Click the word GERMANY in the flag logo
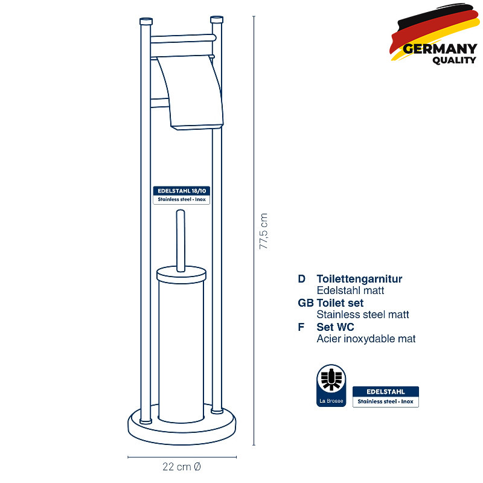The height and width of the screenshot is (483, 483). [440, 49]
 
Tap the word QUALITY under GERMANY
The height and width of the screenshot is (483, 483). [454, 60]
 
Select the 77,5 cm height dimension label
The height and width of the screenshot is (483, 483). [263, 231]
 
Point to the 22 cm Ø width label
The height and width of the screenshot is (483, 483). [182, 466]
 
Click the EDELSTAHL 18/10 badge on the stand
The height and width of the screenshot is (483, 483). [182, 195]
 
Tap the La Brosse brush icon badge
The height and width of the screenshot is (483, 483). [331, 385]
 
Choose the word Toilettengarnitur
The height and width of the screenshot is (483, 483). [359, 279]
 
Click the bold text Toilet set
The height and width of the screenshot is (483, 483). [340, 303]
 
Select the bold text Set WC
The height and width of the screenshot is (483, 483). [335, 327]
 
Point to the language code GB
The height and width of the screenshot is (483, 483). [305, 303]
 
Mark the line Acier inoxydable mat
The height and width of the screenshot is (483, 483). [366, 339]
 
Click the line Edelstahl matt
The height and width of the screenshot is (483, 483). [350, 290]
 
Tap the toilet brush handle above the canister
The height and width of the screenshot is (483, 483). [181, 240]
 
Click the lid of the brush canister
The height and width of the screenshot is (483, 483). [182, 275]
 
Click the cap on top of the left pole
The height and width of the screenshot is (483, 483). [146, 21]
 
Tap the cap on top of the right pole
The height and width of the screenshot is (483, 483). [217, 19]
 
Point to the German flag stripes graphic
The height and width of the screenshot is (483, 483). [434, 30]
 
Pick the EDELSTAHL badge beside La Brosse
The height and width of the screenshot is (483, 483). [386, 397]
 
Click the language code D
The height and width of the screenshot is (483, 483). [301, 279]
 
